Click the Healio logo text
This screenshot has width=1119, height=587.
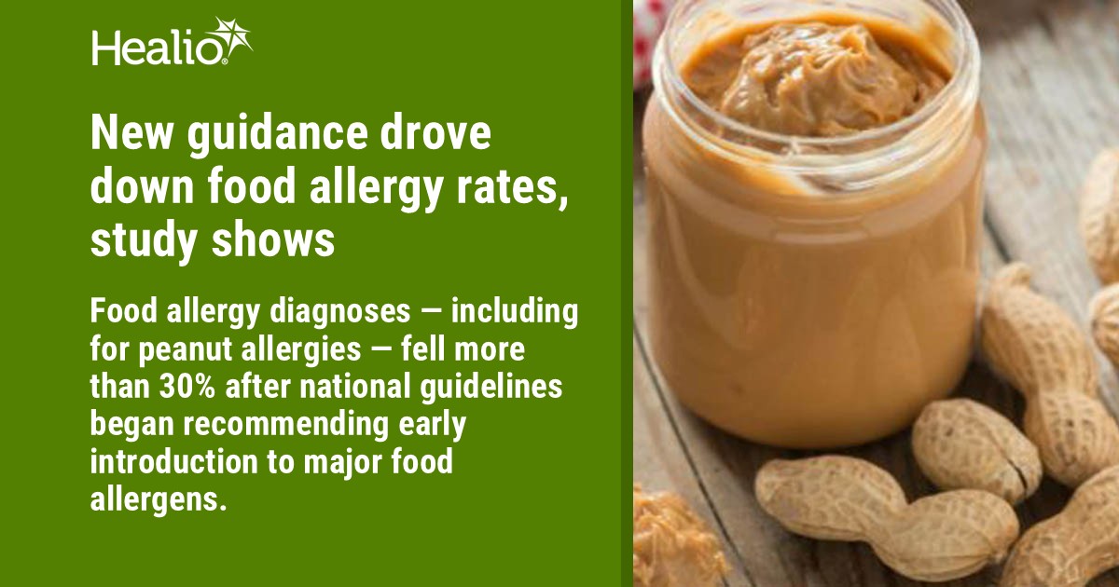(155, 47)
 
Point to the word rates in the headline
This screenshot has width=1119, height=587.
(514, 189)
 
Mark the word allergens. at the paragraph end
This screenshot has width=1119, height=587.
(159, 496)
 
